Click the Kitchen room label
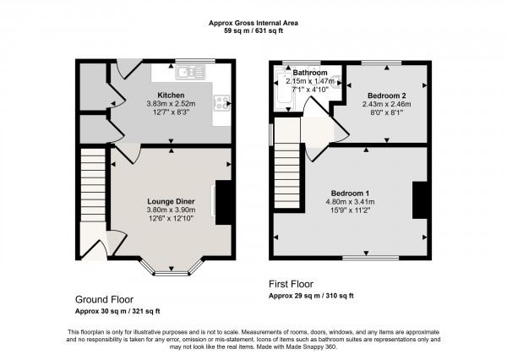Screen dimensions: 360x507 tap(171, 95)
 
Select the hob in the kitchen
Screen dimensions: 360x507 tap(223, 103)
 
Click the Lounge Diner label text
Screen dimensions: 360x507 tap(171, 201)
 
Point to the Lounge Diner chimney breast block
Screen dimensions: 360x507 tap(223, 203)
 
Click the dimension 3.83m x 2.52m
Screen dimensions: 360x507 tap(171, 104)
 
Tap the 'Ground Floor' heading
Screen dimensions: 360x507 tap(103, 300)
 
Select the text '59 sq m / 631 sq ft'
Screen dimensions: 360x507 tap(253, 33)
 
